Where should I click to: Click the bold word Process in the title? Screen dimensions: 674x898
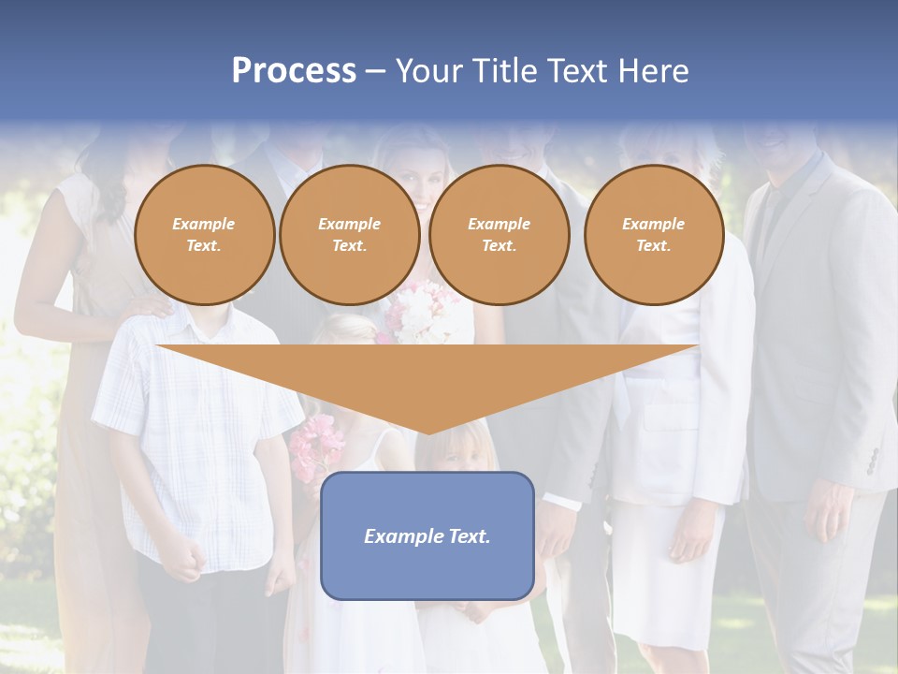tap(294, 71)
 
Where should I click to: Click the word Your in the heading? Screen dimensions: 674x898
tap(430, 71)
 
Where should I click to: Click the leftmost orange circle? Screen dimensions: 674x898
tap(205, 235)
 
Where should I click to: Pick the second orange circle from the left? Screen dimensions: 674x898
tap(349, 235)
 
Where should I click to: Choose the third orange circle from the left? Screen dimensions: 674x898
tap(500, 235)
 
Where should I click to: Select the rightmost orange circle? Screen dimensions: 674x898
tap(654, 235)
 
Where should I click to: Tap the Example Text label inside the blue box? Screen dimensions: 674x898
tap(427, 536)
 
